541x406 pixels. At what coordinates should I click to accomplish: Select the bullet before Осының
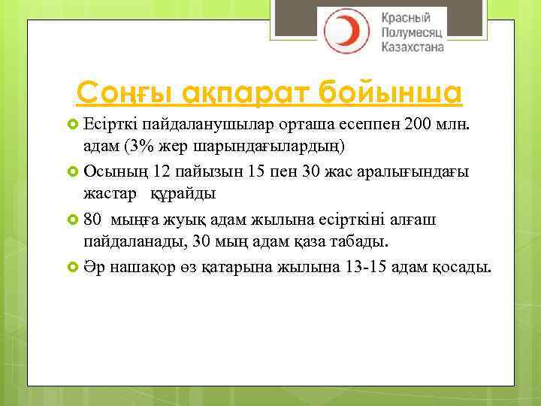[x=73, y=171]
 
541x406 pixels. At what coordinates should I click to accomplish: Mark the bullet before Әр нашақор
[x=73, y=266]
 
